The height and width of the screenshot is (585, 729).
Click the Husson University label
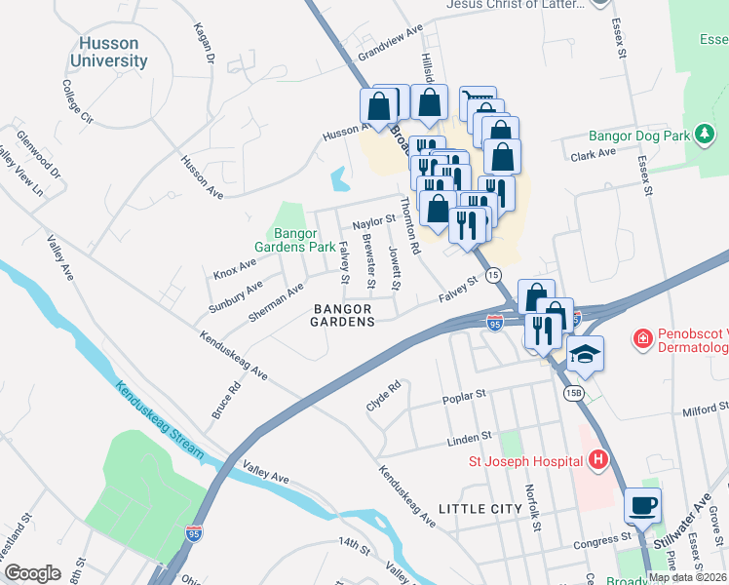click(107, 52)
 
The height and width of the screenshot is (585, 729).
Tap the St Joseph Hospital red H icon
click(598, 460)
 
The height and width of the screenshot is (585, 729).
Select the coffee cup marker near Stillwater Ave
click(642, 506)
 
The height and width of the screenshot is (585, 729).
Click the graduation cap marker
click(585, 354)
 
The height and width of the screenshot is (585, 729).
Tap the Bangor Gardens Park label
click(304, 241)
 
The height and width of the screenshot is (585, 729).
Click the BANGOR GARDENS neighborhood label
click(344, 314)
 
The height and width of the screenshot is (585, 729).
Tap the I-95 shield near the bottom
click(194, 533)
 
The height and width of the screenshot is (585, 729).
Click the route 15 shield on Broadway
click(494, 276)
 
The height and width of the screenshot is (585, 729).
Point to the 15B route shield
click(575, 392)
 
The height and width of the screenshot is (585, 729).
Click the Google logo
click(32, 572)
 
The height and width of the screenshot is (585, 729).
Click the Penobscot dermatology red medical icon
click(642, 339)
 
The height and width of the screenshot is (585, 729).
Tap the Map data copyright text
click(687, 576)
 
